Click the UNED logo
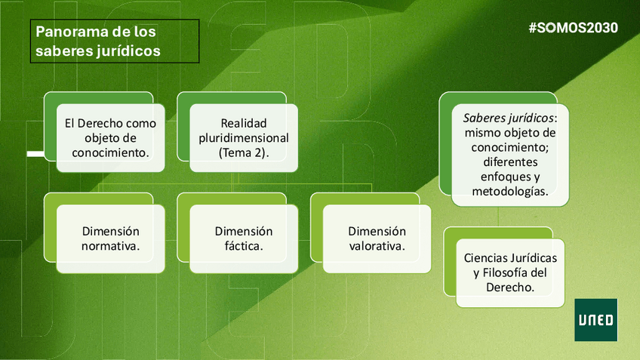coord(595,319)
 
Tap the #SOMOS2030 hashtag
coord(574,28)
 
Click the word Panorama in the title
coord(66,32)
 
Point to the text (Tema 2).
coord(243,152)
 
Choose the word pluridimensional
coord(244,138)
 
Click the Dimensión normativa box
coord(110,238)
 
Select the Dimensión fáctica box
coord(244,238)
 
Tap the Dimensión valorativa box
coord(377,238)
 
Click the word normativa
coord(110,246)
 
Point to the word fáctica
coord(244,246)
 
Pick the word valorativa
coord(377,246)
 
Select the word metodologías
coord(510,191)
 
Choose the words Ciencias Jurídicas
coord(510,259)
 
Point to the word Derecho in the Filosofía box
coord(510,288)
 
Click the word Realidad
coord(243,123)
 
